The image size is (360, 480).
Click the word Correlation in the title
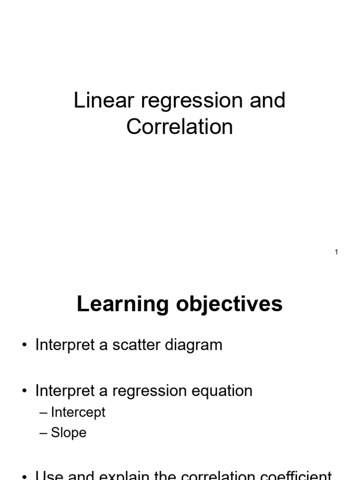(x=180, y=127)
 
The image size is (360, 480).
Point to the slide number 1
(x=337, y=252)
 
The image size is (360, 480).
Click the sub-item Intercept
(x=78, y=412)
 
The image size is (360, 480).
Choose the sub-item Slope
(x=69, y=433)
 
